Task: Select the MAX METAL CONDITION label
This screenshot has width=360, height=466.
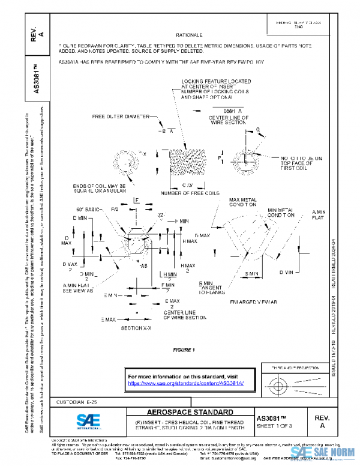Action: [x=242, y=201]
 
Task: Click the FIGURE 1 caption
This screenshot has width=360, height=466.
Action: [x=184, y=349]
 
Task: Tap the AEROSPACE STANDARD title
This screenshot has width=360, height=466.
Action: [x=190, y=413]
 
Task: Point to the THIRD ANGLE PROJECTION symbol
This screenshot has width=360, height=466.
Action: [x=292, y=384]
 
